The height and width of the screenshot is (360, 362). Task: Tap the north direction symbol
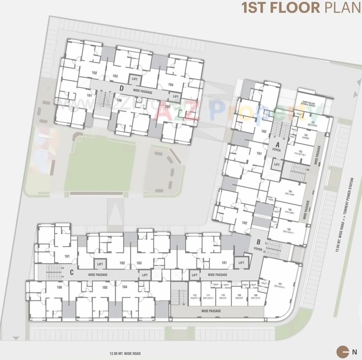[x=343, y=352]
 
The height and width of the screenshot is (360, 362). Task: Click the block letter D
[x=121, y=89]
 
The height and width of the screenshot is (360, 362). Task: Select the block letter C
[x=72, y=272]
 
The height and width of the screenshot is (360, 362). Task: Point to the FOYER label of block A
[x=276, y=150]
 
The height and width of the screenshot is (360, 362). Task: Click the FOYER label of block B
[x=258, y=249]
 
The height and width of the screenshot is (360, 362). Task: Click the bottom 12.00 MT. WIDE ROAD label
[x=125, y=354]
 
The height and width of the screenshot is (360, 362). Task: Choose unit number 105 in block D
[x=167, y=106]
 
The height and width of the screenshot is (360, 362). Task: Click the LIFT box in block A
[x=277, y=164]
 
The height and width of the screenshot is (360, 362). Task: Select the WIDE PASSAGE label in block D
[x=143, y=92]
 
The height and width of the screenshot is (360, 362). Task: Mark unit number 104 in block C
[x=125, y=287]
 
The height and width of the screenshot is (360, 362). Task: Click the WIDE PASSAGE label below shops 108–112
[x=211, y=311]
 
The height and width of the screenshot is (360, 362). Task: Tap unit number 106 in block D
[x=119, y=100]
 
